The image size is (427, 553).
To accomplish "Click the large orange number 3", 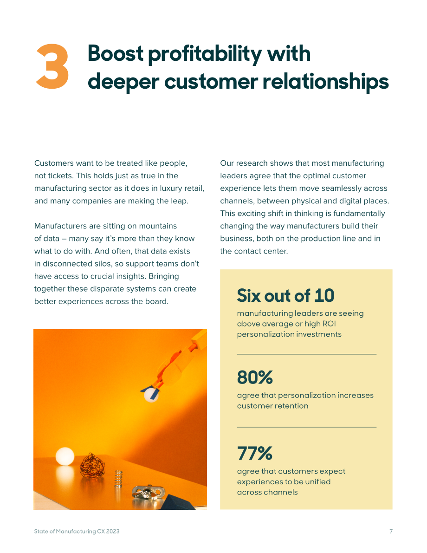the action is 52,66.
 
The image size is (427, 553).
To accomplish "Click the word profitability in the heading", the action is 205,54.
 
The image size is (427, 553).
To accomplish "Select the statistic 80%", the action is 255,377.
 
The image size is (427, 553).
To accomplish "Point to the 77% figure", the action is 255,453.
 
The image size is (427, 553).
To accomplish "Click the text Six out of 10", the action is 285,296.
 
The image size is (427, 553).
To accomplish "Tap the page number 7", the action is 391,531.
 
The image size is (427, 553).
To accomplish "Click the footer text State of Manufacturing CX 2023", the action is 77,531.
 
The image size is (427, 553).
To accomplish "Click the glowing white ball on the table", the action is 65,456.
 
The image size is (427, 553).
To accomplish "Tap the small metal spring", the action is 118,479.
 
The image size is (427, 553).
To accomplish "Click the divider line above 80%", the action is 307,354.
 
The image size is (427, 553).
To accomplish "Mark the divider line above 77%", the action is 307,427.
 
